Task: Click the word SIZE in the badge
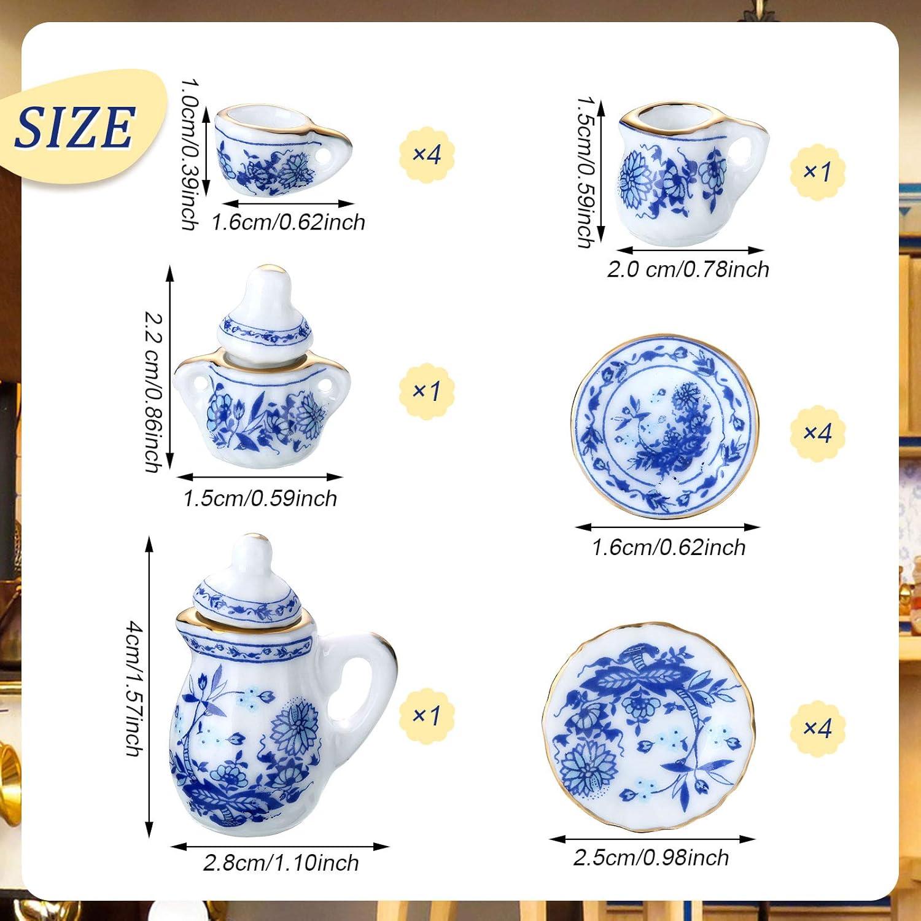click(75, 127)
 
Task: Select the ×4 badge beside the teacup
click(426, 153)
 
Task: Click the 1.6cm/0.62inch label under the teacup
click(288, 222)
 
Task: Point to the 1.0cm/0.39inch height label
click(189, 153)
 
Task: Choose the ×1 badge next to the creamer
click(817, 171)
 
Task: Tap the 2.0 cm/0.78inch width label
click(688, 269)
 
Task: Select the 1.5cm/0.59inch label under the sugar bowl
click(260, 498)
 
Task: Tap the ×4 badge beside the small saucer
click(817, 433)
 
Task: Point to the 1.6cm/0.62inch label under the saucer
click(668, 547)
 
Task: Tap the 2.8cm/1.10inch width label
click(281, 863)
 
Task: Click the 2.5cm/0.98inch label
click(651, 858)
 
